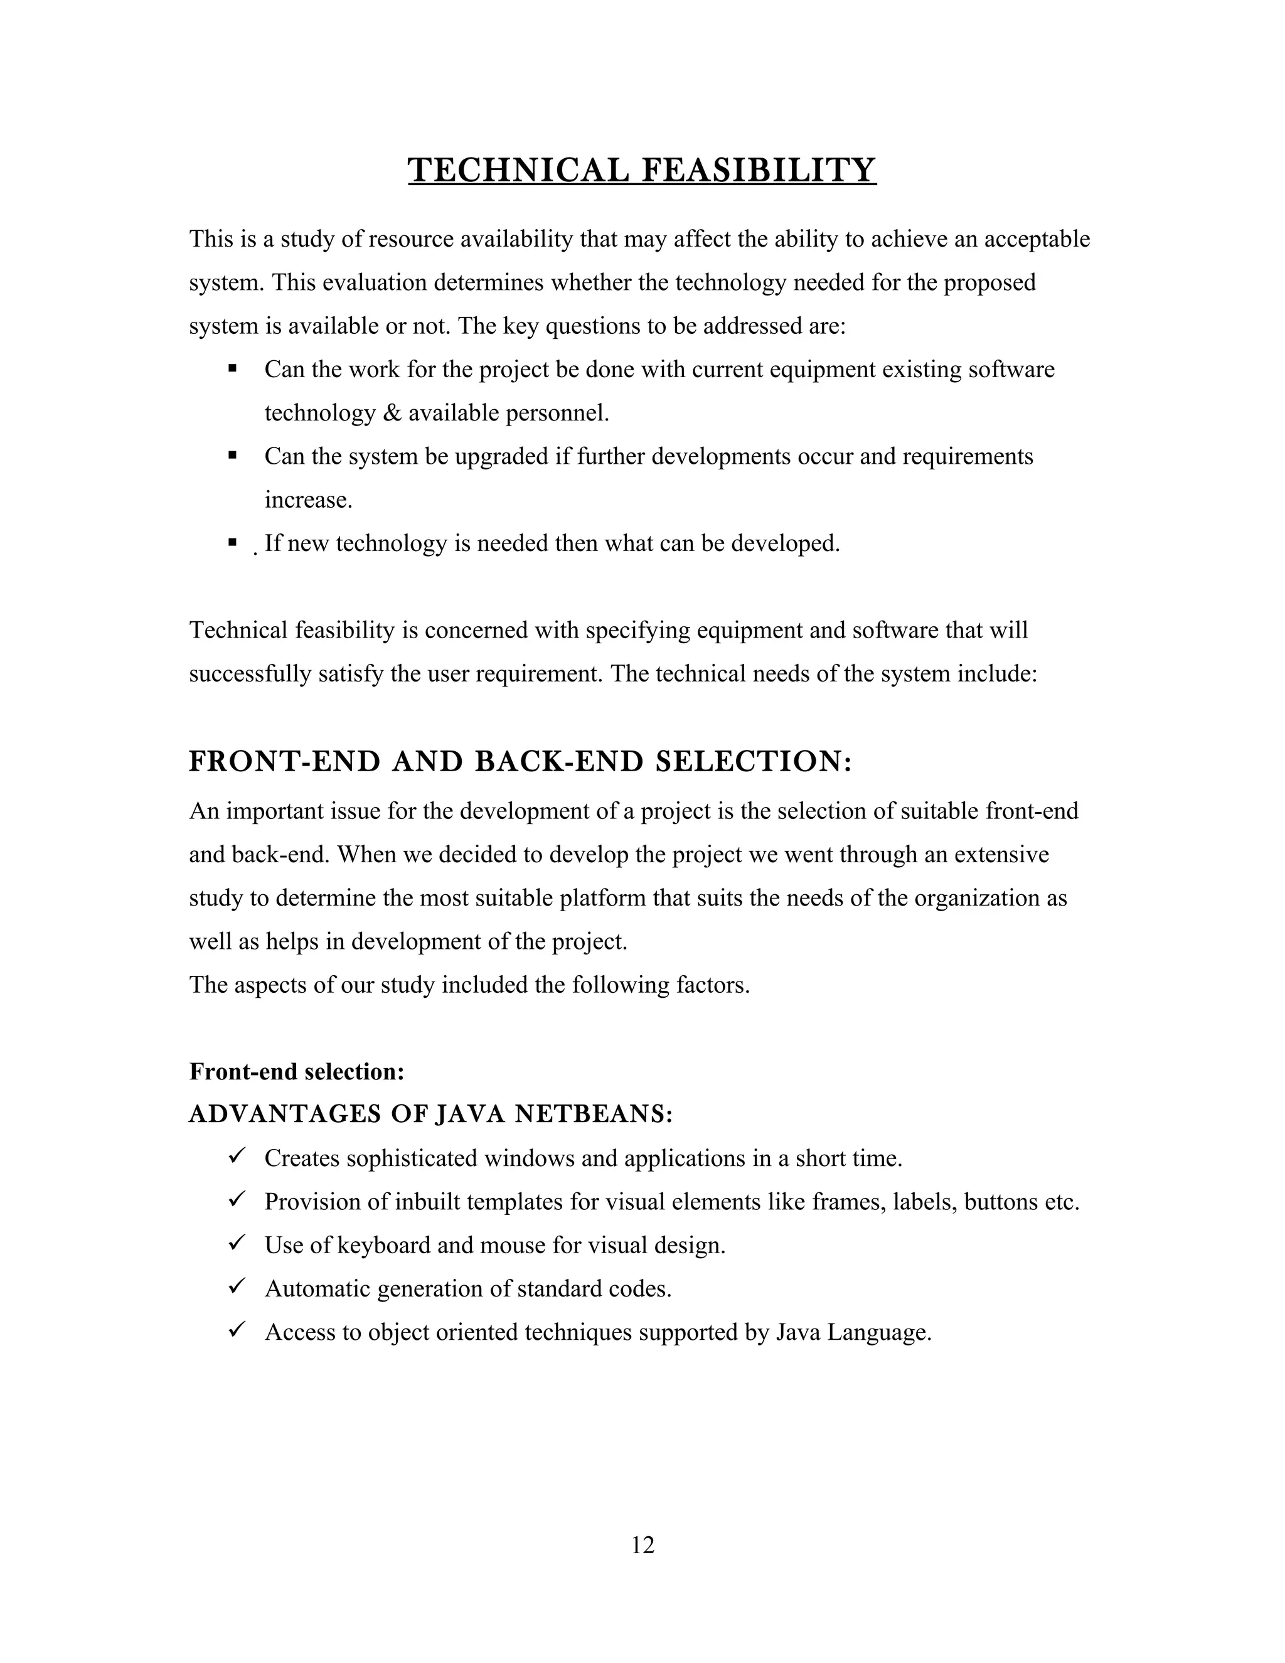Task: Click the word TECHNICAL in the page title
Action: (518, 170)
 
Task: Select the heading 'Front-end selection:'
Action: (297, 1071)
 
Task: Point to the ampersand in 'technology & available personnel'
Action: (392, 414)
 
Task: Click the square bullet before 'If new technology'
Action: (232, 543)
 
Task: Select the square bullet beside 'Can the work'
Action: (232, 369)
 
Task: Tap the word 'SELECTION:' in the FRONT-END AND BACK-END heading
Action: (753, 761)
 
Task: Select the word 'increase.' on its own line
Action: (308, 500)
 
